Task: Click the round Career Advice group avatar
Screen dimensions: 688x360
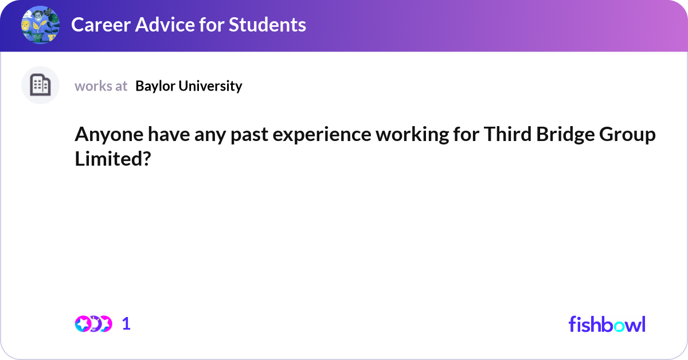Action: click(x=40, y=25)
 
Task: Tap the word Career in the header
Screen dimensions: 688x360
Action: click(x=101, y=25)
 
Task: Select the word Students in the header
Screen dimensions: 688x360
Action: click(x=267, y=25)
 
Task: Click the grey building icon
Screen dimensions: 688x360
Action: click(x=40, y=85)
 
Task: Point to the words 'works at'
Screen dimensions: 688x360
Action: click(x=101, y=86)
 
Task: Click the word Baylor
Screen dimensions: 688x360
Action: click(x=155, y=87)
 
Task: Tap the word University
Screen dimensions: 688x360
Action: click(x=210, y=87)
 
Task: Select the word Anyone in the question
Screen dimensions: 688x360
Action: click(x=109, y=135)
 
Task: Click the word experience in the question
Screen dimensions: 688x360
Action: click(x=322, y=135)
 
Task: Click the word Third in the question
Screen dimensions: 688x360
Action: click(x=508, y=134)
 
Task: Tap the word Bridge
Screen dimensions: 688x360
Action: click(x=565, y=135)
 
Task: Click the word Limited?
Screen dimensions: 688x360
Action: click(x=113, y=159)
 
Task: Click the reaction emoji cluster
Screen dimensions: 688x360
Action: click(x=93, y=324)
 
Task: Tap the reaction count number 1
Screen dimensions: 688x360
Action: click(x=126, y=324)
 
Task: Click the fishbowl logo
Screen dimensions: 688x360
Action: click(x=607, y=324)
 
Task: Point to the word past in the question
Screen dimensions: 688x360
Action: click(x=249, y=135)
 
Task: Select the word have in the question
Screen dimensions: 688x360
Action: click(x=169, y=134)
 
